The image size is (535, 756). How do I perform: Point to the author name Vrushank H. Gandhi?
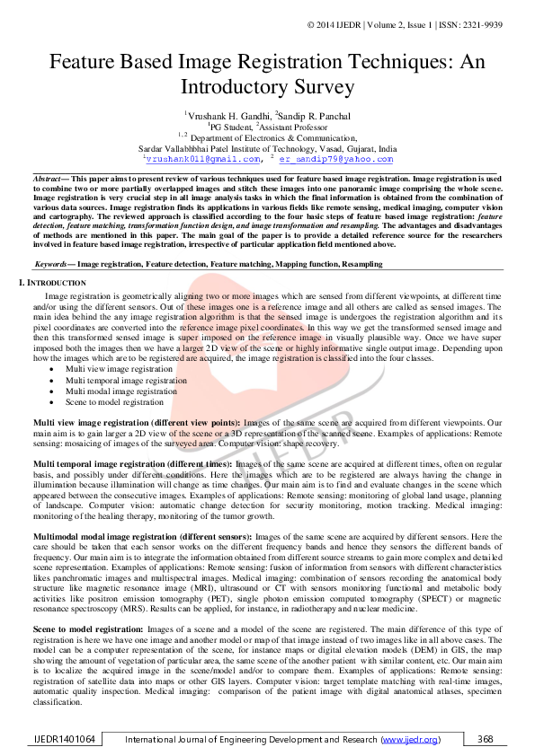[218, 115]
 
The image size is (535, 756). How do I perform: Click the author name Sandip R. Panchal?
[303, 115]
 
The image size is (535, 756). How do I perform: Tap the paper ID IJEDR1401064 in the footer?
[61, 739]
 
